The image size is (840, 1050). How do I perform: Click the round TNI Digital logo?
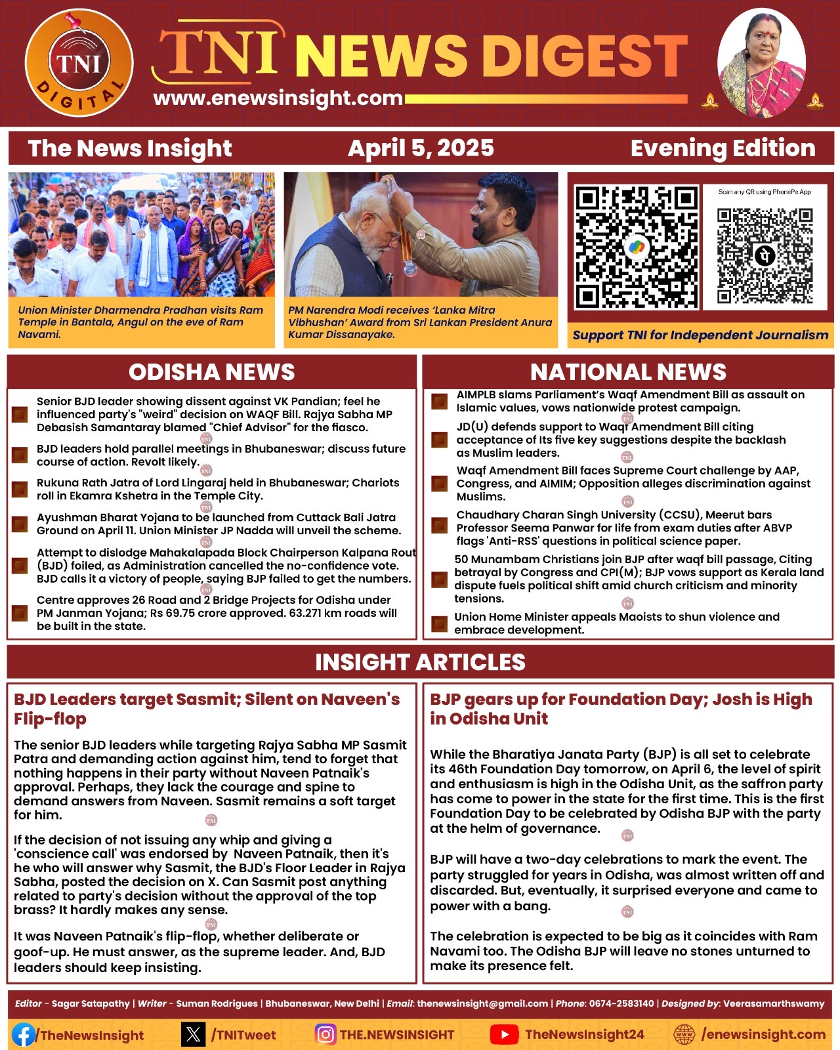click(x=79, y=64)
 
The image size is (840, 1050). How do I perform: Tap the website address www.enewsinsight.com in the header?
click(x=278, y=98)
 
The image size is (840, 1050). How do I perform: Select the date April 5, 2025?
click(x=421, y=148)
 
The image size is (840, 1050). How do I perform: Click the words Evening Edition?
click(x=723, y=148)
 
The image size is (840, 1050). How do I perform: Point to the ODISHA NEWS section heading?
click(x=211, y=372)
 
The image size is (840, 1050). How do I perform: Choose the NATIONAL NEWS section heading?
click(x=628, y=372)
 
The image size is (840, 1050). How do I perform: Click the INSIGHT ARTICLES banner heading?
click(x=420, y=662)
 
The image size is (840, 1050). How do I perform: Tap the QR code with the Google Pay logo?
click(x=635, y=247)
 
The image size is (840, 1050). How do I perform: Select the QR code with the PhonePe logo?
click(x=765, y=255)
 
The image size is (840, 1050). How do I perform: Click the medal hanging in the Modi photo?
click(x=410, y=267)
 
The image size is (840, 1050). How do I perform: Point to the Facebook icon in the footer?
click(x=24, y=1035)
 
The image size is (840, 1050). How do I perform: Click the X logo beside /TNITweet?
click(x=194, y=1035)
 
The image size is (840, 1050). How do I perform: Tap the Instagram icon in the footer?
click(x=325, y=1035)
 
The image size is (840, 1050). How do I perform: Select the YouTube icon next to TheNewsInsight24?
click(x=504, y=1035)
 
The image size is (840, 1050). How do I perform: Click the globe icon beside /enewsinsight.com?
click(x=684, y=1035)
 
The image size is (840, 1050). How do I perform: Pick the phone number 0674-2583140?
click(x=621, y=1003)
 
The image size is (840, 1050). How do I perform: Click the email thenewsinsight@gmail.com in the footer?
click(x=482, y=1003)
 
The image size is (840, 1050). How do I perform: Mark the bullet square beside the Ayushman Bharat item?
click(x=20, y=524)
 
